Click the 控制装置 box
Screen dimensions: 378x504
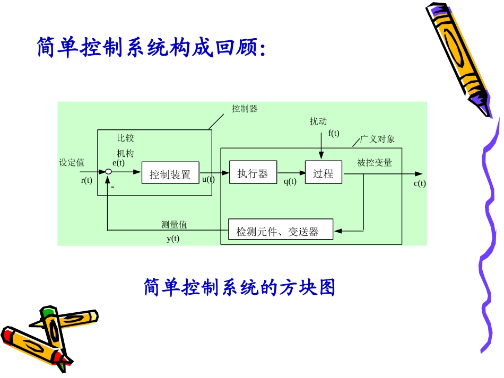point(170,173)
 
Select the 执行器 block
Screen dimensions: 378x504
point(253,172)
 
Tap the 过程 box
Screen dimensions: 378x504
point(323,172)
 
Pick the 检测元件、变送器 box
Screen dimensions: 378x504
point(280,231)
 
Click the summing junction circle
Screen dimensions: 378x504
point(108,172)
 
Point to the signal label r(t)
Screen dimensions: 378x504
point(86,181)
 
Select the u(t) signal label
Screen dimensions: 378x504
point(208,179)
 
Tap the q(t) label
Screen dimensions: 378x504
point(290,181)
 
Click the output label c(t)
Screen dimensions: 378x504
point(419,184)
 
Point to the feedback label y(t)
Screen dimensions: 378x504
point(173,239)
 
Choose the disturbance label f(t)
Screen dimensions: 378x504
point(334,133)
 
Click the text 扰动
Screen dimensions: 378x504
point(318,122)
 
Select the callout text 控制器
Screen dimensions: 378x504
point(245,109)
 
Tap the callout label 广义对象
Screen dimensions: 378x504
point(377,139)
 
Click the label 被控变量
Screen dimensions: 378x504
point(375,163)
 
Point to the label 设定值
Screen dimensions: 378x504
point(72,163)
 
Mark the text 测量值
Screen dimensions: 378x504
point(174,225)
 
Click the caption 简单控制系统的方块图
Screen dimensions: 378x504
point(239,288)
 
